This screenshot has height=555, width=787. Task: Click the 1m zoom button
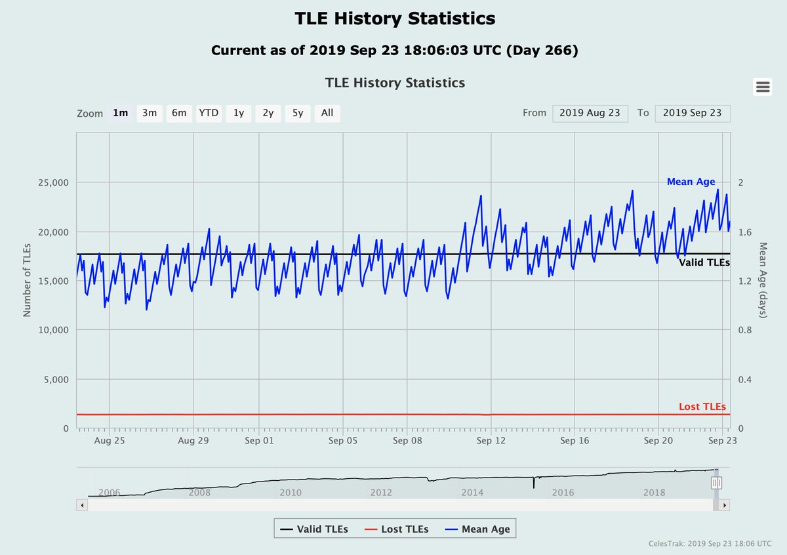[x=120, y=113]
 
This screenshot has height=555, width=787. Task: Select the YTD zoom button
[x=209, y=113]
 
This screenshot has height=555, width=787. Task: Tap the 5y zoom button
[x=298, y=113]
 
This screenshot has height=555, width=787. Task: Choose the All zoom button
[x=327, y=113]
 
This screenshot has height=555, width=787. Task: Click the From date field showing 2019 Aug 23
[x=590, y=113]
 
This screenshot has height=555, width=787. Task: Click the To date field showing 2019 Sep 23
[x=692, y=113]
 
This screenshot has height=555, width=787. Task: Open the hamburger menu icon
[x=762, y=87]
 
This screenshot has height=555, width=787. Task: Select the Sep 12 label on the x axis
[x=491, y=441]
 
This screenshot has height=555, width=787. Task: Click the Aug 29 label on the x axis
[x=193, y=441]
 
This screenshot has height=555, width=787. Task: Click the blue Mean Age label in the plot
[x=691, y=182]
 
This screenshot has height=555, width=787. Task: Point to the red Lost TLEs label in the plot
[x=702, y=407]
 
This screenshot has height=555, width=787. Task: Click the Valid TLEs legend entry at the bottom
[x=314, y=529]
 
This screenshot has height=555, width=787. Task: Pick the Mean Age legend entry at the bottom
[x=478, y=529]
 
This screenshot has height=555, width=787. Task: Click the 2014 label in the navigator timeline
[x=472, y=493]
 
